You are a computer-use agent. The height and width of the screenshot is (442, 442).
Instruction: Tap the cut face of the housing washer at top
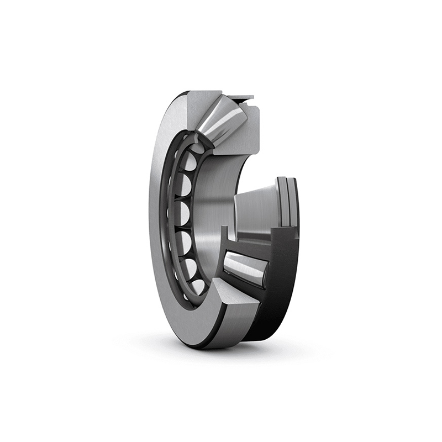tap(199, 108)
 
